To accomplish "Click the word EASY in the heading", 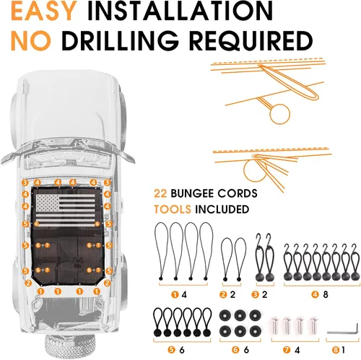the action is [44, 12].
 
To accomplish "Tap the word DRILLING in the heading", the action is [120, 41].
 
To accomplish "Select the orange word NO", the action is [31, 41].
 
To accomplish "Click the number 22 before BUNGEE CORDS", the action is [160, 193].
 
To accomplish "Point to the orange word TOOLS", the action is [173, 209].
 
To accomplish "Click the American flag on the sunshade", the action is [66, 210].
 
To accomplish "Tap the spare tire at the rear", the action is [71, 347].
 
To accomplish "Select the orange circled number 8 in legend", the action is [336, 350].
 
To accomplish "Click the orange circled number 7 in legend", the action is [287, 350].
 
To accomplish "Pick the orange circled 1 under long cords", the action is [175, 294].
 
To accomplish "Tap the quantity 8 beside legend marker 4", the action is [326, 294].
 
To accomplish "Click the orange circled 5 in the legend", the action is [171, 350].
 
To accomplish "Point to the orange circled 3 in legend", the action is [255, 294].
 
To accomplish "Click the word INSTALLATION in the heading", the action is [180, 12].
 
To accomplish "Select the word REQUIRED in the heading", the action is [251, 41].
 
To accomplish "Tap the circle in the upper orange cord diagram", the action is [279, 114].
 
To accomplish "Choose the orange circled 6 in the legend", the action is [235, 350].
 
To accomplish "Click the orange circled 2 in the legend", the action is [223, 294].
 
